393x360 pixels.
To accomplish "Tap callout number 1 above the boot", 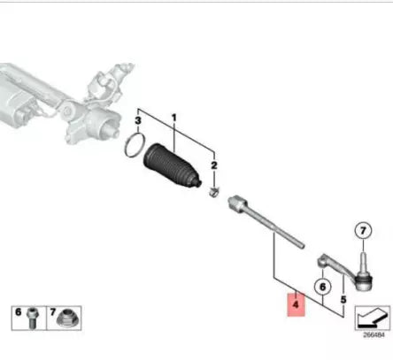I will click(174, 118).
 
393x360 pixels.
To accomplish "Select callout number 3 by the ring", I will click(138, 119).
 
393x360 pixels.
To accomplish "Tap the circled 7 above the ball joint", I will click(359, 232).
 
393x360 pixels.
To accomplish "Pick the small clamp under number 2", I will click(212, 191).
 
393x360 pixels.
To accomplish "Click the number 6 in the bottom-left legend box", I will click(17, 313).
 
